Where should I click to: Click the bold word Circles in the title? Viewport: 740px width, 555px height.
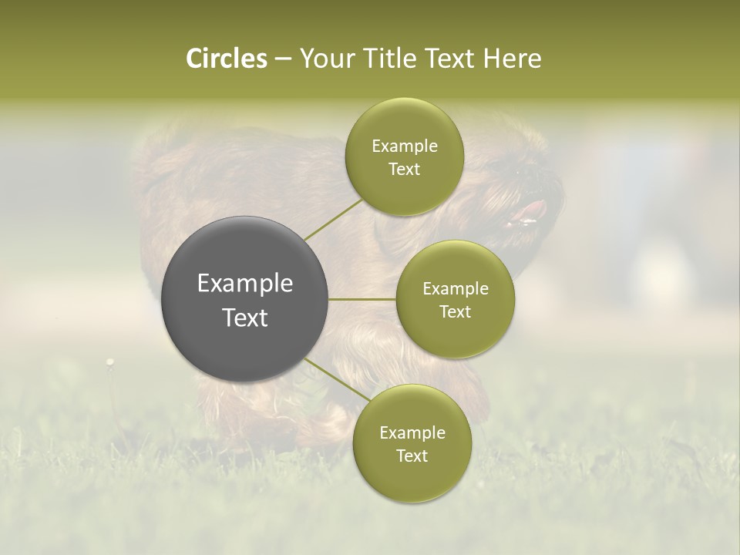coord(226,59)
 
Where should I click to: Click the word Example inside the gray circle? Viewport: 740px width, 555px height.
coord(245,284)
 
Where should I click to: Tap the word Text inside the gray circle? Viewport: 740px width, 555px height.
coord(245,318)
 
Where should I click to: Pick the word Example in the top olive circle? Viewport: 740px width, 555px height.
coord(405,146)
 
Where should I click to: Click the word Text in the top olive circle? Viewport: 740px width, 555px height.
coord(405,170)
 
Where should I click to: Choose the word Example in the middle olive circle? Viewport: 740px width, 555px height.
coord(456,289)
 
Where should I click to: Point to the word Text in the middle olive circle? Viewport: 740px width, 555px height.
coord(456,312)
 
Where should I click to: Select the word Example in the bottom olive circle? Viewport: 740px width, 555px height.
coord(412,433)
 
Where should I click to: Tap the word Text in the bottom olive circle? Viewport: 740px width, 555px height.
coord(412,456)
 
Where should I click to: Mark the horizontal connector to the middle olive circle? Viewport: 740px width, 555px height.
coord(362,299)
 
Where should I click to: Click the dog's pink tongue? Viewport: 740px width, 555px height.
coord(532,210)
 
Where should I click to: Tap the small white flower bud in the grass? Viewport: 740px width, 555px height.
coord(110,361)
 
